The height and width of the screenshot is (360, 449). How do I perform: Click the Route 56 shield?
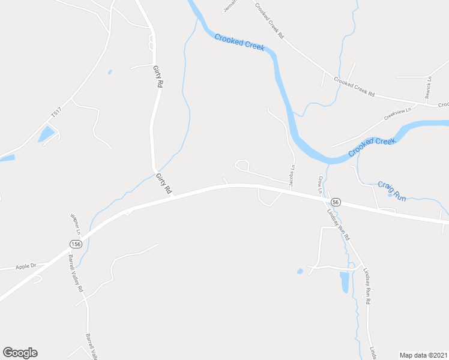(x=336, y=203)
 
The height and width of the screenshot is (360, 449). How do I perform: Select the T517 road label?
(x=56, y=112)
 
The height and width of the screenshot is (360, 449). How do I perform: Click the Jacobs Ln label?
(x=292, y=176)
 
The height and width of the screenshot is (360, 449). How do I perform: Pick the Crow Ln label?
(x=320, y=184)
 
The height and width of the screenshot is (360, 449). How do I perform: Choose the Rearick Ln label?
(x=428, y=88)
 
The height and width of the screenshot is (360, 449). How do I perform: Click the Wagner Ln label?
(x=75, y=223)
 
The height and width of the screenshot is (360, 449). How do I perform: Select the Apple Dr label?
(x=26, y=266)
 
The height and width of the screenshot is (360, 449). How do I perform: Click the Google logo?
(x=20, y=353)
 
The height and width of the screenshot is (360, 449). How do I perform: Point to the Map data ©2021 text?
(x=423, y=354)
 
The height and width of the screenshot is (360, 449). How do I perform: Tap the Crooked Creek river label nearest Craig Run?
(x=372, y=146)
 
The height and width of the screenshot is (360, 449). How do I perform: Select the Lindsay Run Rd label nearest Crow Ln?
(x=338, y=223)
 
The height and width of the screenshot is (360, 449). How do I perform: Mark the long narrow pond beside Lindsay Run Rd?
(x=344, y=282)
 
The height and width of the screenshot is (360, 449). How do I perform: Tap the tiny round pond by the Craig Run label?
(x=390, y=195)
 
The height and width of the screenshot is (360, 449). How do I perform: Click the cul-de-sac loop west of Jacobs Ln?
(x=242, y=164)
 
